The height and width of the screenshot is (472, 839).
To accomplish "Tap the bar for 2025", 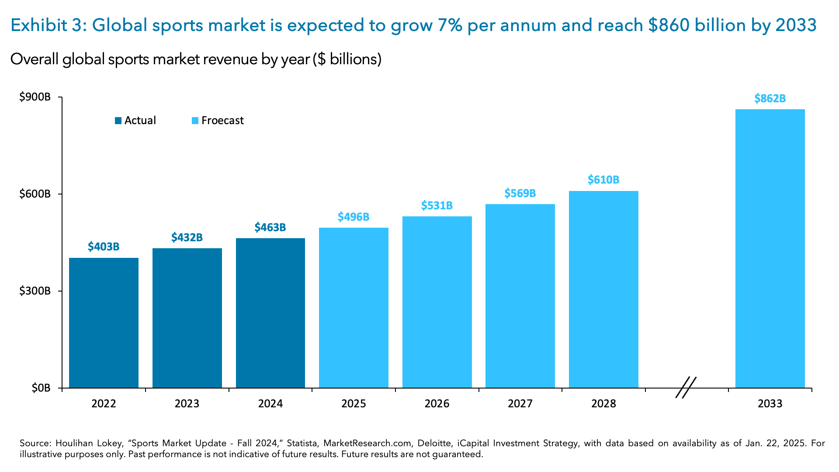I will (354, 308).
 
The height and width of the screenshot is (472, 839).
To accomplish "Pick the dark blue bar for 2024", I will (270, 313).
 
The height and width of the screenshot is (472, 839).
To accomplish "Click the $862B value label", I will (770, 99).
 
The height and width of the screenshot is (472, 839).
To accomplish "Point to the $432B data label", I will (187, 238).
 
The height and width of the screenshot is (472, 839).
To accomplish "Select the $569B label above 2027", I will (520, 193).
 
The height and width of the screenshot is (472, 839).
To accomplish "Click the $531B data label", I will (437, 205).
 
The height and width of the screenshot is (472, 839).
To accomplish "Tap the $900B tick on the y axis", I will (35, 97).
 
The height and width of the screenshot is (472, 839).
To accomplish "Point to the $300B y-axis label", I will (35, 291).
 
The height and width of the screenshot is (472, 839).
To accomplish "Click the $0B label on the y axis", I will (41, 388).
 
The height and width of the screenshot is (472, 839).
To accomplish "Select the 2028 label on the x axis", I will (603, 403).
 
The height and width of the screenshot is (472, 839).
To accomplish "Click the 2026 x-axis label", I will (437, 403).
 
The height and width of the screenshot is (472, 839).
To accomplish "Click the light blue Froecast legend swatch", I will (195, 121).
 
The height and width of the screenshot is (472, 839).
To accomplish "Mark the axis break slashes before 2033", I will (686, 387).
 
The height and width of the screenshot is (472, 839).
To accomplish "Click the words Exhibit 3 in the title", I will (49, 25).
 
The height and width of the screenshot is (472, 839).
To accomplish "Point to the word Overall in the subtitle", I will (35, 59).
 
